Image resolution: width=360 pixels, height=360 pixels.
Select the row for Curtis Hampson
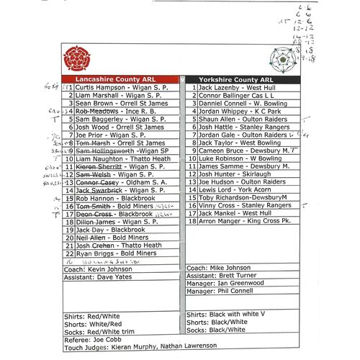(118, 87)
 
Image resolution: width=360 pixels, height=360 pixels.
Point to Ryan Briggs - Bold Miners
(115, 253)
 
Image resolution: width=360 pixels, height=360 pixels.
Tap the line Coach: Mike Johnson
(218, 268)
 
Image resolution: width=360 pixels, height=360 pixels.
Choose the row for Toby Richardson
(243, 198)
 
